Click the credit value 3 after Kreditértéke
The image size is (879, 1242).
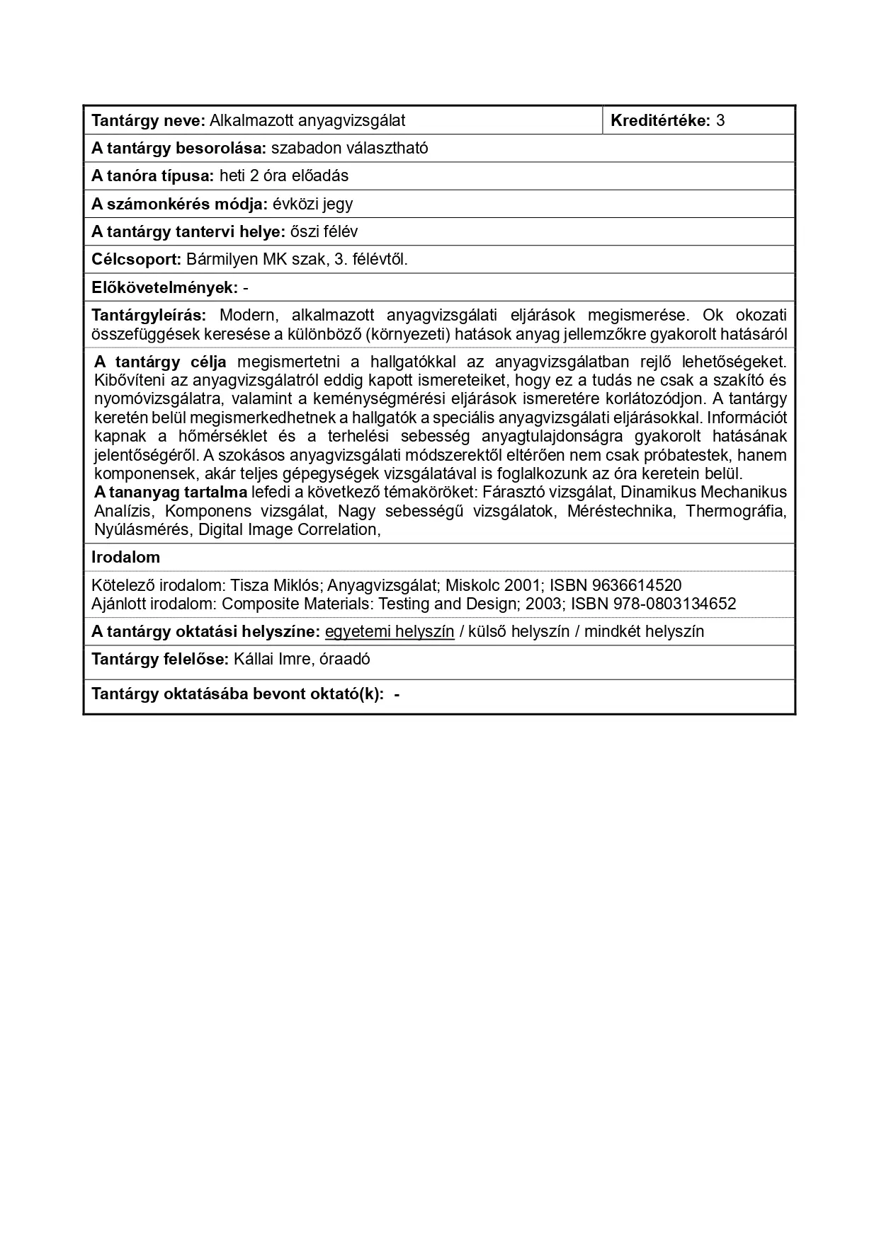[720, 120]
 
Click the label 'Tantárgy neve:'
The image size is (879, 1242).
[148, 120]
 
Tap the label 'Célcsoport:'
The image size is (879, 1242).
[137, 259]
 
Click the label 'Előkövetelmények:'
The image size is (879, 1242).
[164, 287]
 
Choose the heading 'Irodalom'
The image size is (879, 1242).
[125, 557]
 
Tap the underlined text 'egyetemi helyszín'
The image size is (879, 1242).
[390, 631]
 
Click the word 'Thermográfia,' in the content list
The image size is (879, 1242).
[736, 510]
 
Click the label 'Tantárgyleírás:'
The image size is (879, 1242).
[149, 315]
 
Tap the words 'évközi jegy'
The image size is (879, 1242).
[312, 204]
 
